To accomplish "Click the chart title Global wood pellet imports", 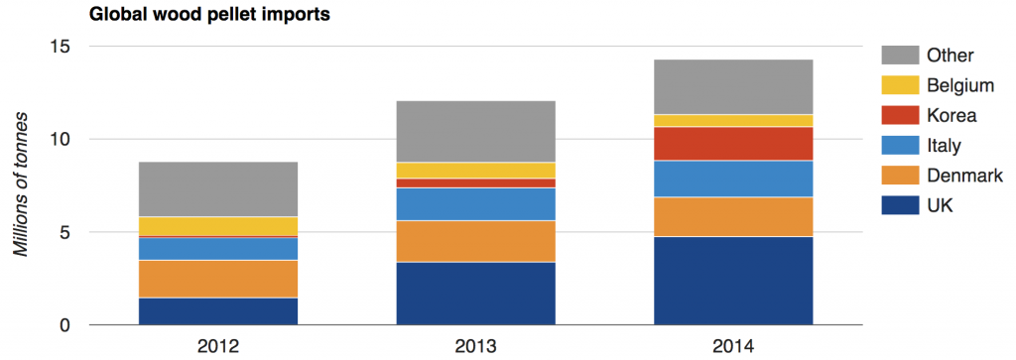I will pos(209,16).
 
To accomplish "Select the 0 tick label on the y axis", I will pos(65,325).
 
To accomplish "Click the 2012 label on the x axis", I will pos(217,346).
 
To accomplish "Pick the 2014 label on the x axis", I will pos(733,346).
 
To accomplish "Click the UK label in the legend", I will pos(939,205).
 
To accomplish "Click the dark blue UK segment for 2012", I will pos(217,310).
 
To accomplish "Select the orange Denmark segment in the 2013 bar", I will pos(475,241).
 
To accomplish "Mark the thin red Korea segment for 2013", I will pos(475,183).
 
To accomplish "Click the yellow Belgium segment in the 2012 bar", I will pos(217,227).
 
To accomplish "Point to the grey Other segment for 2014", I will pos(733,87).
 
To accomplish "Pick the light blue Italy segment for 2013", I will pos(475,204).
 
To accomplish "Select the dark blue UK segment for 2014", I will pos(733,281).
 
